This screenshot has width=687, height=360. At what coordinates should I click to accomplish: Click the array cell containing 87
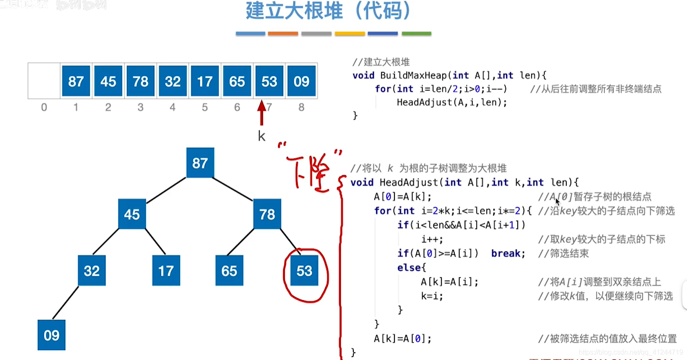(x=76, y=81)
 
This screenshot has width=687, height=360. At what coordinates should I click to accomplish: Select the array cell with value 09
(x=301, y=81)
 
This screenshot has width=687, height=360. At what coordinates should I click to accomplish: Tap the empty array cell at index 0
(x=44, y=81)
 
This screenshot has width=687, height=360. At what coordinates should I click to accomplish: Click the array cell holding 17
(x=205, y=81)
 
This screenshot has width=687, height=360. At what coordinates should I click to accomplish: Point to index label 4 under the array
(x=172, y=107)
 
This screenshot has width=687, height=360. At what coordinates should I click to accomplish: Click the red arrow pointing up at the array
(x=261, y=112)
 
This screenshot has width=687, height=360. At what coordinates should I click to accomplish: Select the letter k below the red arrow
(x=261, y=137)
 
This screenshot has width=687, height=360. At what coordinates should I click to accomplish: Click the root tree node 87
(x=200, y=163)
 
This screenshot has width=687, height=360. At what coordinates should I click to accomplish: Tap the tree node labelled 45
(x=132, y=214)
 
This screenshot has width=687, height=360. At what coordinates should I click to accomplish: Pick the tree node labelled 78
(x=267, y=214)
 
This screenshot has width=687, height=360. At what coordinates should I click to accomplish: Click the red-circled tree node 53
(x=304, y=271)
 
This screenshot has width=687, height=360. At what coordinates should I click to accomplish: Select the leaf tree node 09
(x=51, y=335)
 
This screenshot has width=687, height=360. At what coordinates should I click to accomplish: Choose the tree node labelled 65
(x=229, y=271)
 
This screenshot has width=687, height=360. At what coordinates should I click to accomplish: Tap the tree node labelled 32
(x=92, y=271)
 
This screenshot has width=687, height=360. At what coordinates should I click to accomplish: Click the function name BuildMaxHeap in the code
(x=413, y=76)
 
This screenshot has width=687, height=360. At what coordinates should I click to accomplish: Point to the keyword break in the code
(x=508, y=253)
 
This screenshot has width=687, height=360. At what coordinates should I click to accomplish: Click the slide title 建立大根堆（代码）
(x=328, y=11)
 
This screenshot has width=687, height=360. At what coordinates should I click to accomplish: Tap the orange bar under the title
(x=283, y=33)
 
